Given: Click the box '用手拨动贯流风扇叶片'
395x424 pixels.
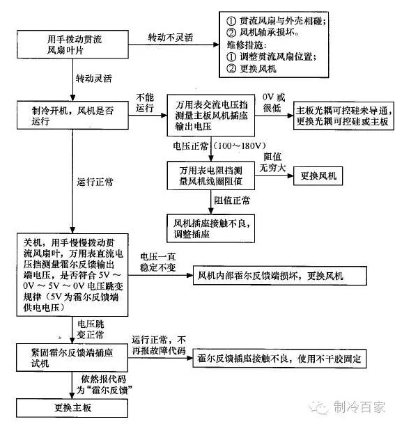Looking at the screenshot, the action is [72, 45].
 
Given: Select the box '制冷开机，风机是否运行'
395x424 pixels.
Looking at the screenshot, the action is [72, 116].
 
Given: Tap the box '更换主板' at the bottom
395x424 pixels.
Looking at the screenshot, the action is [72, 408].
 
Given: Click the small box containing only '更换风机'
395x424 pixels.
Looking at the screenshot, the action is [318, 176].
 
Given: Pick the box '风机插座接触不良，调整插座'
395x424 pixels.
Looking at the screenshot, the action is [211, 228].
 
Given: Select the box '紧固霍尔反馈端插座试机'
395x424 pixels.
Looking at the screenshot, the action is [72, 357].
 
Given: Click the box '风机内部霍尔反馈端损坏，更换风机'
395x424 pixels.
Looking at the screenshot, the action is [280, 276].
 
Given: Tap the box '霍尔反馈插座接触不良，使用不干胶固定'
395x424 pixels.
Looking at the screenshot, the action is [279, 359].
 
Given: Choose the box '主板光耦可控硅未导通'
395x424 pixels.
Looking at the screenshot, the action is [343, 116].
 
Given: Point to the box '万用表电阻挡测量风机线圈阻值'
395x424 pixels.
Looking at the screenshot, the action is [211, 175].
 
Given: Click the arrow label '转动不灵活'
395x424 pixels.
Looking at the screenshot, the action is [171, 38].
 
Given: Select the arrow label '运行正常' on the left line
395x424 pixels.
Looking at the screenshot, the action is [95, 182].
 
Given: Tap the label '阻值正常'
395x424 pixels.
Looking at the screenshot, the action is [232, 201].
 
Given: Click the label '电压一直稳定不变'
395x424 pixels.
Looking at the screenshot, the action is [158, 262].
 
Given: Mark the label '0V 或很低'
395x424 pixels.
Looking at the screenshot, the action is [274, 103].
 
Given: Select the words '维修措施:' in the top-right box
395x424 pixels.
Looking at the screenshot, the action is [247, 45].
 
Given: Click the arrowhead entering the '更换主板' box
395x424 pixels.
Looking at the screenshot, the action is [72, 395].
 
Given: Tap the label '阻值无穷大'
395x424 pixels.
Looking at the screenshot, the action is [272, 162].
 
